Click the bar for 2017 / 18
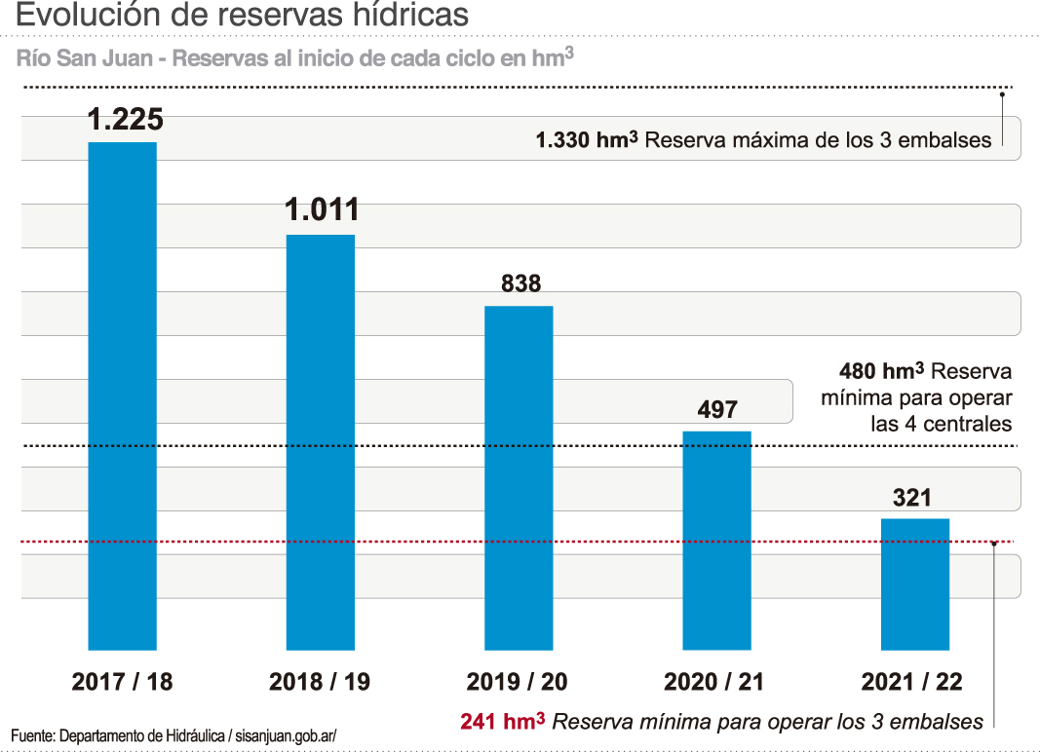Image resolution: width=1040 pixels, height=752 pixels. pyautogui.click(x=122, y=395)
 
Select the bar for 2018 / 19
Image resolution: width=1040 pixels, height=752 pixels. pyautogui.click(x=320, y=441)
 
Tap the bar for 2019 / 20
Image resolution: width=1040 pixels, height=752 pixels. pyautogui.click(x=519, y=477)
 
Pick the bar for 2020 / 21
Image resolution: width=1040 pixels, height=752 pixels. pyautogui.click(x=716, y=540)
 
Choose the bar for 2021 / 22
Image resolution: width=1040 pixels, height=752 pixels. pyautogui.click(x=914, y=583)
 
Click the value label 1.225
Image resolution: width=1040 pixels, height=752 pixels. pyautogui.click(x=125, y=120)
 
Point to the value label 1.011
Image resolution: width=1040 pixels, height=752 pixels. pyautogui.click(x=322, y=210)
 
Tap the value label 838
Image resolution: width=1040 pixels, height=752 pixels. pyautogui.click(x=520, y=283)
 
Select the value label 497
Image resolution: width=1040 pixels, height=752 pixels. pyautogui.click(x=717, y=409)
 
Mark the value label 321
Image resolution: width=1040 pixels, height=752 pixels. pyautogui.click(x=912, y=498)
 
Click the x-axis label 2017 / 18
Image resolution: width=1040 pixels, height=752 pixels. pyautogui.click(x=122, y=682)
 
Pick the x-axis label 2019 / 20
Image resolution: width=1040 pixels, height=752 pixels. pyautogui.click(x=517, y=682)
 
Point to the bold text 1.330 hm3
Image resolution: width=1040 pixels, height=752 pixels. pyautogui.click(x=587, y=139)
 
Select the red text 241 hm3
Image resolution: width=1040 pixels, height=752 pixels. pyautogui.click(x=502, y=722)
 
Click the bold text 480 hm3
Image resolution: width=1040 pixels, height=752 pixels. pyautogui.click(x=881, y=371)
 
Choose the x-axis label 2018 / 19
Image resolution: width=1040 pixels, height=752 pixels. pyautogui.click(x=320, y=682)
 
